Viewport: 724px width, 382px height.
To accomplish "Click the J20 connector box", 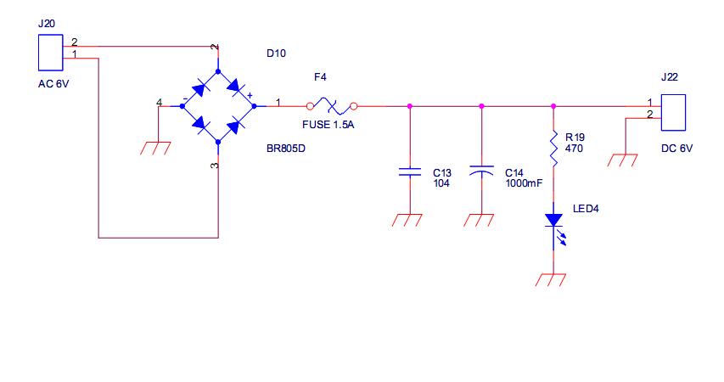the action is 50,52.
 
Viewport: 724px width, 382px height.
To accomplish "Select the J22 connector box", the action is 673,113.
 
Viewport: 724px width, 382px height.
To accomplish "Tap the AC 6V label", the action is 53,84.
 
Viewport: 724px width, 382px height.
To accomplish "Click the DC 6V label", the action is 677,149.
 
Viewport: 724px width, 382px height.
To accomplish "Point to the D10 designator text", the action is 276,53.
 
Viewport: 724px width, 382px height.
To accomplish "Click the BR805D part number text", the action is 286,149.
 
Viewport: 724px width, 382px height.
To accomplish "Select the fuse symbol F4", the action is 332,106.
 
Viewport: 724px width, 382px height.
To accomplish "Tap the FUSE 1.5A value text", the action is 328,125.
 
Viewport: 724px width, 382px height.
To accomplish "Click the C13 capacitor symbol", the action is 410,171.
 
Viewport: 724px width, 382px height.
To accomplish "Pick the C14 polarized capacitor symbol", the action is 481,171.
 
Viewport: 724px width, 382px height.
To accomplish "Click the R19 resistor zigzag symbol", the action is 553,149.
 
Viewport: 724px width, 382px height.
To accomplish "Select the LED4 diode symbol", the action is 554,227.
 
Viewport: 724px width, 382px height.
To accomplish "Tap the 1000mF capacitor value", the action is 524,183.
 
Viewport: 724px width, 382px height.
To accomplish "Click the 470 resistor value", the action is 574,149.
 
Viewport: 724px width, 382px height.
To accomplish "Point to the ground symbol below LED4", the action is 550,280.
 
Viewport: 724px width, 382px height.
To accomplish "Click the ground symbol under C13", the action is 407,220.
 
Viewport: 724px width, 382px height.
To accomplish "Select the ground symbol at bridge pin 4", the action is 155,149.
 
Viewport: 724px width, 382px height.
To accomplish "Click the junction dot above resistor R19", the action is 553,106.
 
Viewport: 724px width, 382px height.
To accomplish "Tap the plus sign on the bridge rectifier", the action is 250,96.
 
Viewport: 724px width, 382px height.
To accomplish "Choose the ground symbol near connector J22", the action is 622,160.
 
